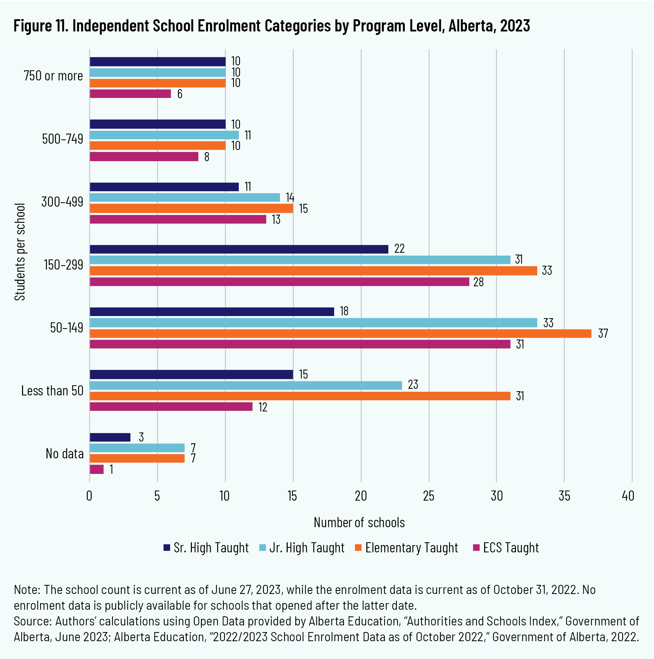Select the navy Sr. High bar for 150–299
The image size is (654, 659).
click(239, 249)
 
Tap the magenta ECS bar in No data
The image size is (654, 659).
click(96, 469)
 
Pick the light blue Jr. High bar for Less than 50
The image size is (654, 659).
click(246, 385)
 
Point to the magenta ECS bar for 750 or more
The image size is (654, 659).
click(130, 94)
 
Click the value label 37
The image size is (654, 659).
click(603, 334)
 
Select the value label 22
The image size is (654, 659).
click(399, 249)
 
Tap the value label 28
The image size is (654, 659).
click(478, 282)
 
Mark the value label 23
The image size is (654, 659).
click(413, 385)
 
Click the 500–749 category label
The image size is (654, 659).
click(63, 139)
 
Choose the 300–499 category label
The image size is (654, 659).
click(62, 202)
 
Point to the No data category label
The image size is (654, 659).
click(65, 454)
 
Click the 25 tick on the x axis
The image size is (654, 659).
click(429, 496)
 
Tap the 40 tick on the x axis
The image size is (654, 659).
click(628, 496)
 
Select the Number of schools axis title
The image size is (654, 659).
click(359, 522)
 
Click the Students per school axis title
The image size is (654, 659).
click(20, 252)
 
